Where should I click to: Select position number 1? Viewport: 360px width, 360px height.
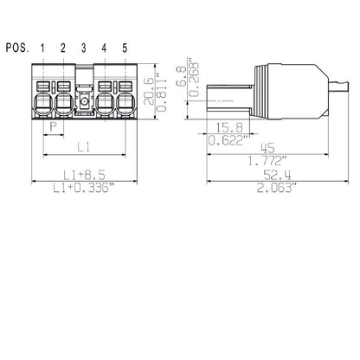pyautogui.click(x=43, y=47)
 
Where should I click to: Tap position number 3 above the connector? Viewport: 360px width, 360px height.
pyautogui.click(x=85, y=47)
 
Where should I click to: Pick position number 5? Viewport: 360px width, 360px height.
pyautogui.click(x=125, y=47)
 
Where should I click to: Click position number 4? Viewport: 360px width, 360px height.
pyautogui.click(x=105, y=47)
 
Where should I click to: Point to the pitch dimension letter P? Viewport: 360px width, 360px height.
pyautogui.click(x=54, y=125)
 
